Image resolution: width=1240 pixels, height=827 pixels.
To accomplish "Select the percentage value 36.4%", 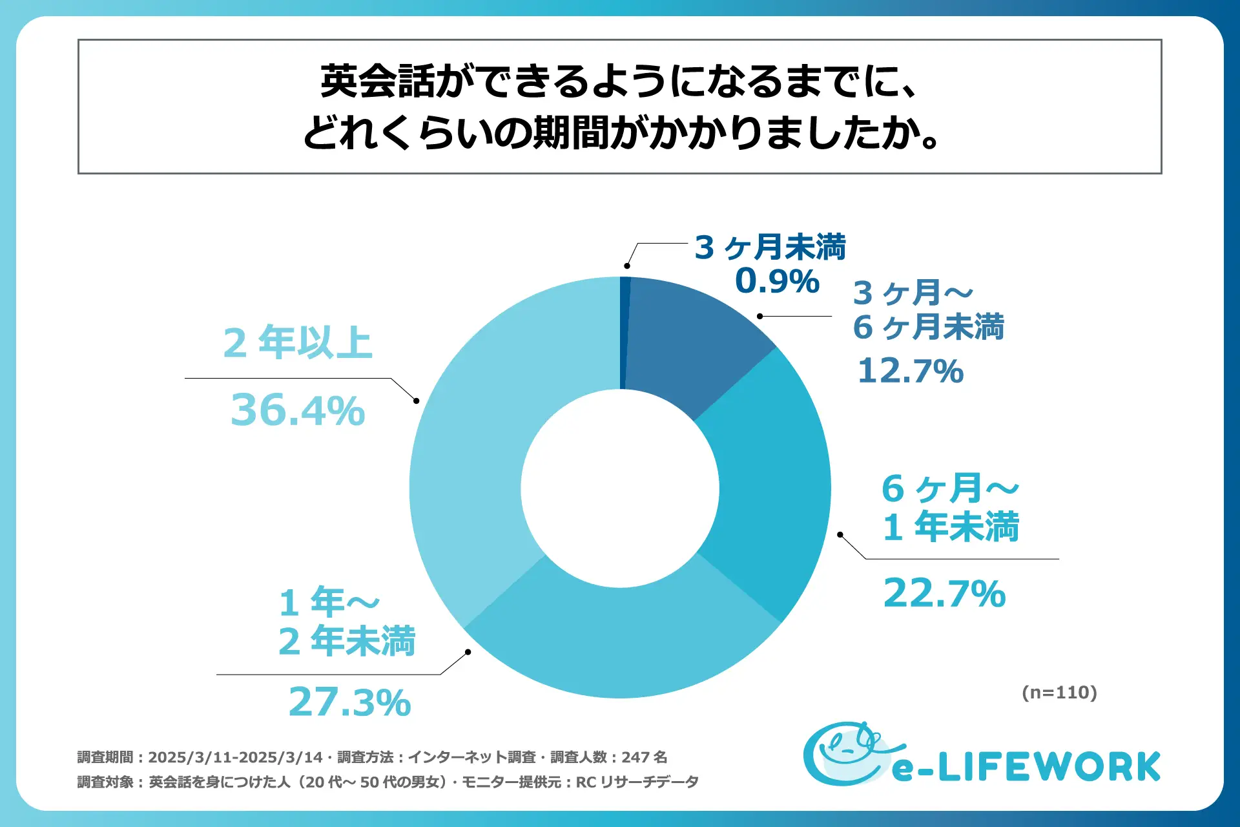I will tap(298, 410).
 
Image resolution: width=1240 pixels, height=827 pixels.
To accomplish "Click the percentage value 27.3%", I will tap(349, 702).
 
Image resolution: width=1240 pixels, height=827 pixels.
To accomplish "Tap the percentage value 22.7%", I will tap(944, 594).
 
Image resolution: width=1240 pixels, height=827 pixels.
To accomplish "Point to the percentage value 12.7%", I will tap(911, 371).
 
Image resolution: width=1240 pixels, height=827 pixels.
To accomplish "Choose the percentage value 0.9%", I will tap(777, 281).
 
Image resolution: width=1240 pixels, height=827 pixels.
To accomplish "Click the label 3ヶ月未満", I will tap(770, 247).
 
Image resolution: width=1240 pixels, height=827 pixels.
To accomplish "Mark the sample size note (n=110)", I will tap(1059, 693).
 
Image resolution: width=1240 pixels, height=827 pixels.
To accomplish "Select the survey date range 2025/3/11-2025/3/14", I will tap(235, 757).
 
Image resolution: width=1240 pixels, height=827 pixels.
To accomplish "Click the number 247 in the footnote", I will tap(635, 757).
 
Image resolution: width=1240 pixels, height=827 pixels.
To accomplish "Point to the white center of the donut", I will tap(620, 488).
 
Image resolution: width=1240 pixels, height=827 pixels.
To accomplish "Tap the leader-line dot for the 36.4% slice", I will tap(417, 401).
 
